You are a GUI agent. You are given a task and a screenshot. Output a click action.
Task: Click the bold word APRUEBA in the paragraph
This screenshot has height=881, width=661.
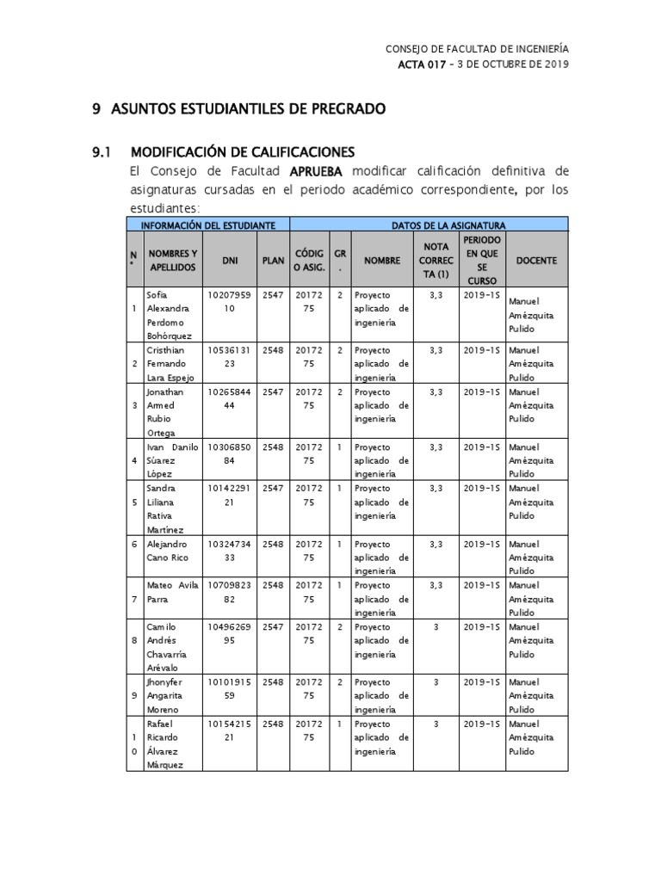pyautogui.click(x=316, y=170)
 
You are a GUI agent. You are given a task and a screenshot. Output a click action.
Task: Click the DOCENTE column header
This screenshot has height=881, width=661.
pyautogui.click(x=535, y=260)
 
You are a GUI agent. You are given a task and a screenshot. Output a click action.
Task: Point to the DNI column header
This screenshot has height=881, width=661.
pyautogui.click(x=230, y=260)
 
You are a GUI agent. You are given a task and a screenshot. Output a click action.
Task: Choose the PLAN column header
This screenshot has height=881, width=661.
pyautogui.click(x=274, y=260)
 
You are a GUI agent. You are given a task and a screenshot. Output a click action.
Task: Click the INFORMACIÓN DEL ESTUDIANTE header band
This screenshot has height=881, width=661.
pyautogui.click(x=208, y=225)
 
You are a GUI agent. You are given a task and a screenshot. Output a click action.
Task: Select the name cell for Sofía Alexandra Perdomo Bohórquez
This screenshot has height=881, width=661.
pyautogui.click(x=172, y=315)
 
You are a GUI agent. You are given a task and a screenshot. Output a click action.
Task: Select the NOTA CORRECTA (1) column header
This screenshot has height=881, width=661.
pyautogui.click(x=436, y=260)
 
